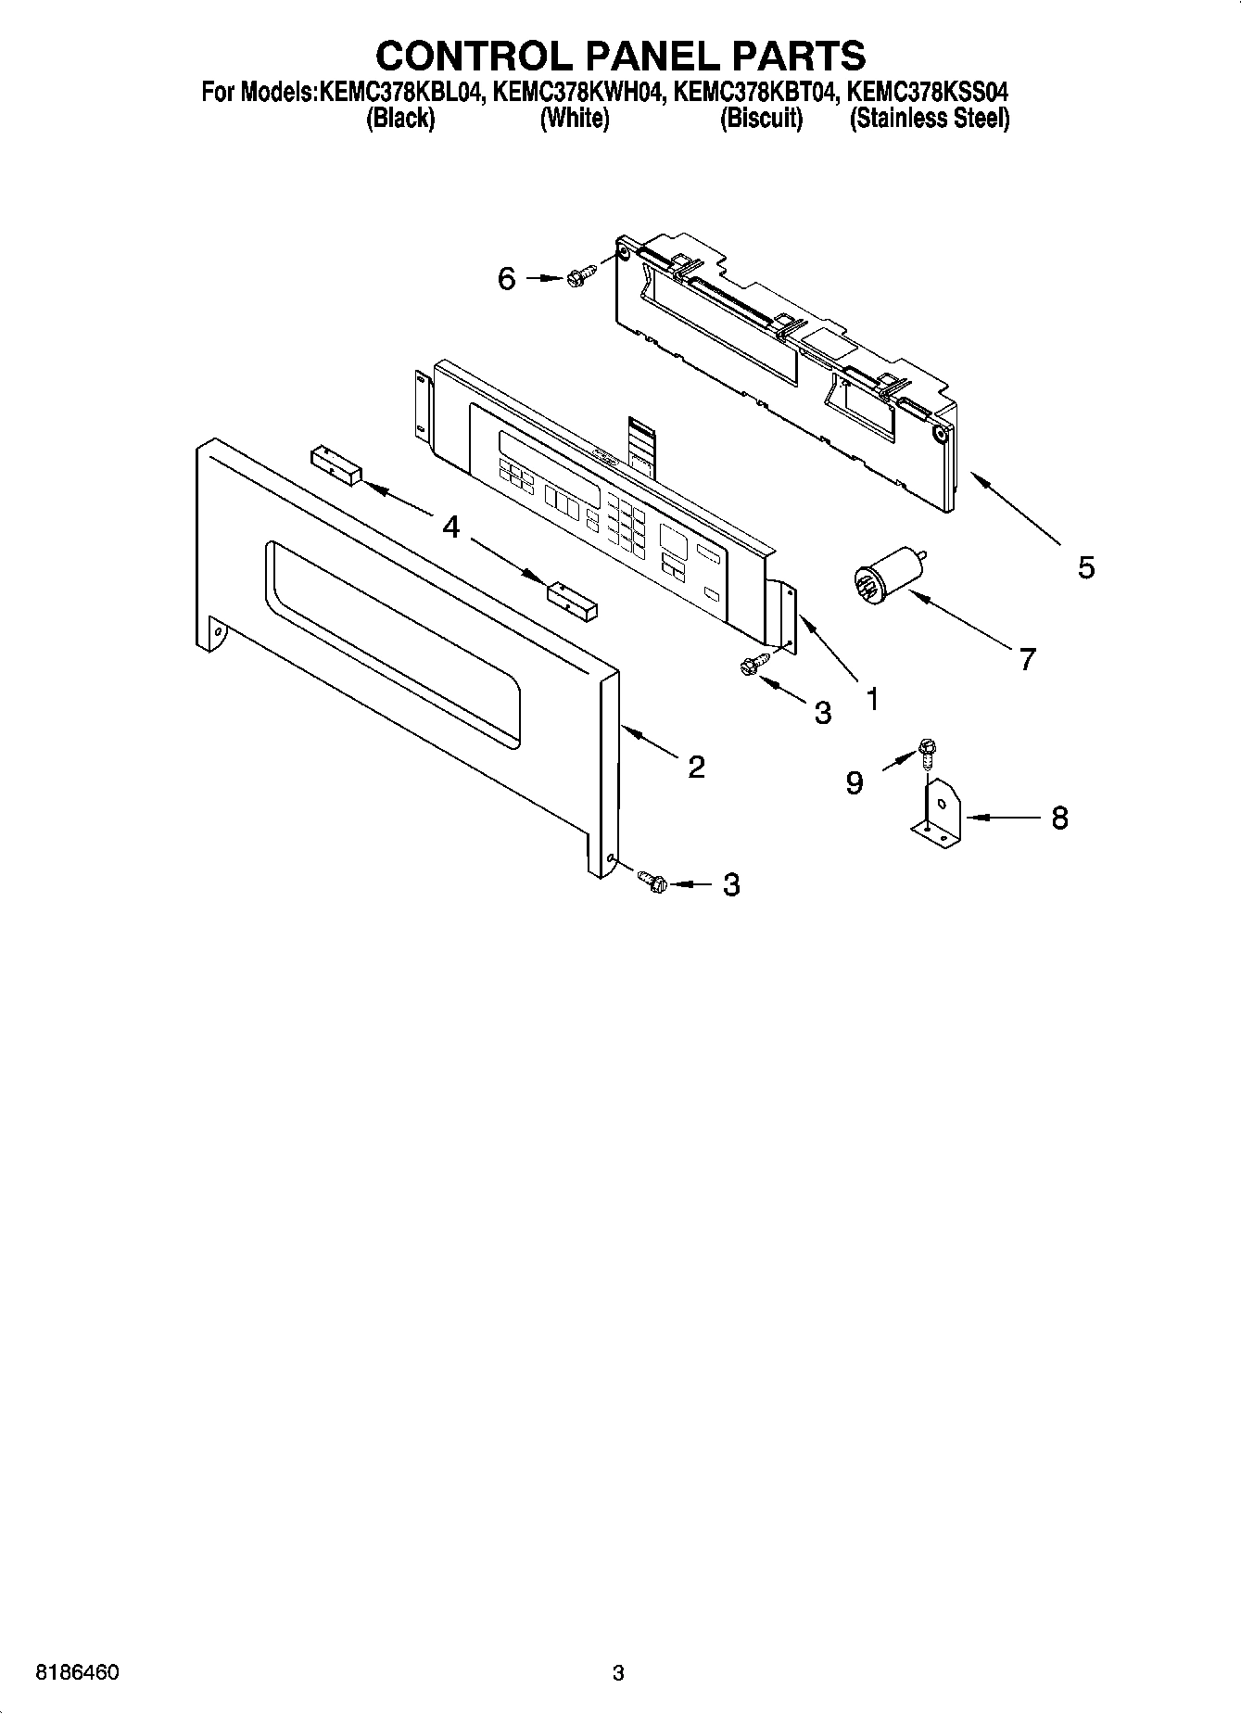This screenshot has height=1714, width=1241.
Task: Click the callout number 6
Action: (506, 278)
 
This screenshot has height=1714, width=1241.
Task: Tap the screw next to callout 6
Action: (575, 277)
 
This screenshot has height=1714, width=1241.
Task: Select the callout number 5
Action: (1086, 566)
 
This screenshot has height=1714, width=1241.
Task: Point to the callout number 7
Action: (1026, 659)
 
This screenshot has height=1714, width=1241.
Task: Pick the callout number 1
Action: (871, 698)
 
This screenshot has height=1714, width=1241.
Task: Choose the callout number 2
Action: (696, 766)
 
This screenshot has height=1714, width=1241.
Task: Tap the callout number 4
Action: (450, 527)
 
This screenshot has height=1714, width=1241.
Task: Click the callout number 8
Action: (1059, 818)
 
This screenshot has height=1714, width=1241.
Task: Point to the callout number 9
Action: (854, 783)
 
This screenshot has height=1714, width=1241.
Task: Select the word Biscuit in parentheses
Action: (761, 119)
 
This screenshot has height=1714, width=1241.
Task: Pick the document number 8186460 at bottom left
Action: (76, 1672)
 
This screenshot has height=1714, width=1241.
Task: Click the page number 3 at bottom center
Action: (618, 1673)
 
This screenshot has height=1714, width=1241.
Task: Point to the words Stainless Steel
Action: (930, 119)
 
